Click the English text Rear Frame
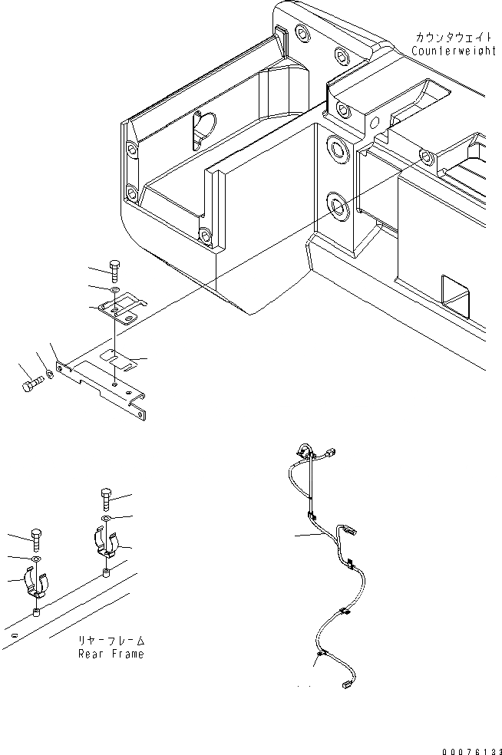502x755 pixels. [x=111, y=654]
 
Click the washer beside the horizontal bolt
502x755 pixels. [x=49, y=374]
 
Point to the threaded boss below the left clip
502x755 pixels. [x=37, y=612]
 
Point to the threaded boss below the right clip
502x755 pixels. [x=106, y=573]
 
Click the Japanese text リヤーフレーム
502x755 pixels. [x=111, y=640]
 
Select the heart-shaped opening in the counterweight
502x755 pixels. [x=203, y=126]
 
